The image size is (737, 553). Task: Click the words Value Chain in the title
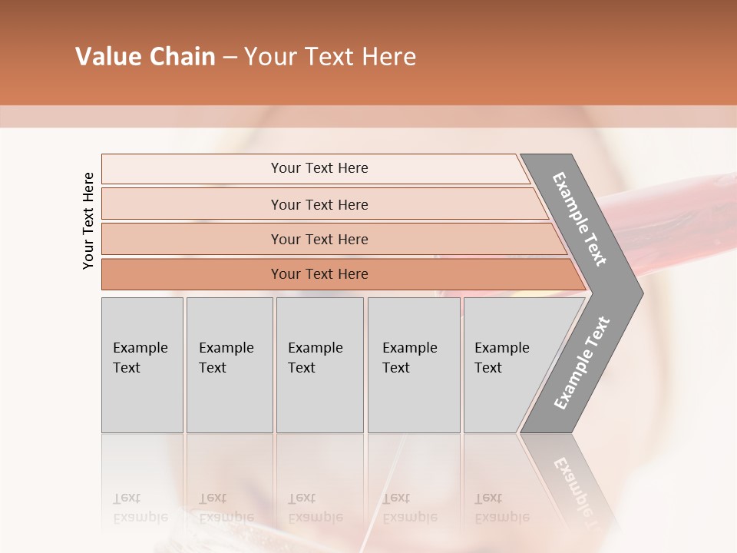tap(145, 57)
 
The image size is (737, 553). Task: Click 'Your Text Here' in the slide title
tap(330, 57)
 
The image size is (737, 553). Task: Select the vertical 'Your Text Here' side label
tap(89, 220)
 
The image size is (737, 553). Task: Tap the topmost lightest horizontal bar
tap(319, 168)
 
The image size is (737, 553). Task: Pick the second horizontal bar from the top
tap(319, 204)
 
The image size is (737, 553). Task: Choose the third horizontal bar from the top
tap(319, 239)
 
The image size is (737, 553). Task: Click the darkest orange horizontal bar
tap(319, 274)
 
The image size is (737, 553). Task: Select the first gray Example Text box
tap(142, 365)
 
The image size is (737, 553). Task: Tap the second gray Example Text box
tap(229, 365)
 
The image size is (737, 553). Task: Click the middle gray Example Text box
tap(319, 365)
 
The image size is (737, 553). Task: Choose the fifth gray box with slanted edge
tap(507, 365)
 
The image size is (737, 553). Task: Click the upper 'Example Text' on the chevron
tap(580, 219)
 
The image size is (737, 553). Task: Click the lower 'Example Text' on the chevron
tap(582, 363)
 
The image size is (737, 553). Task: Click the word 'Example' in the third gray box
tap(315, 348)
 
